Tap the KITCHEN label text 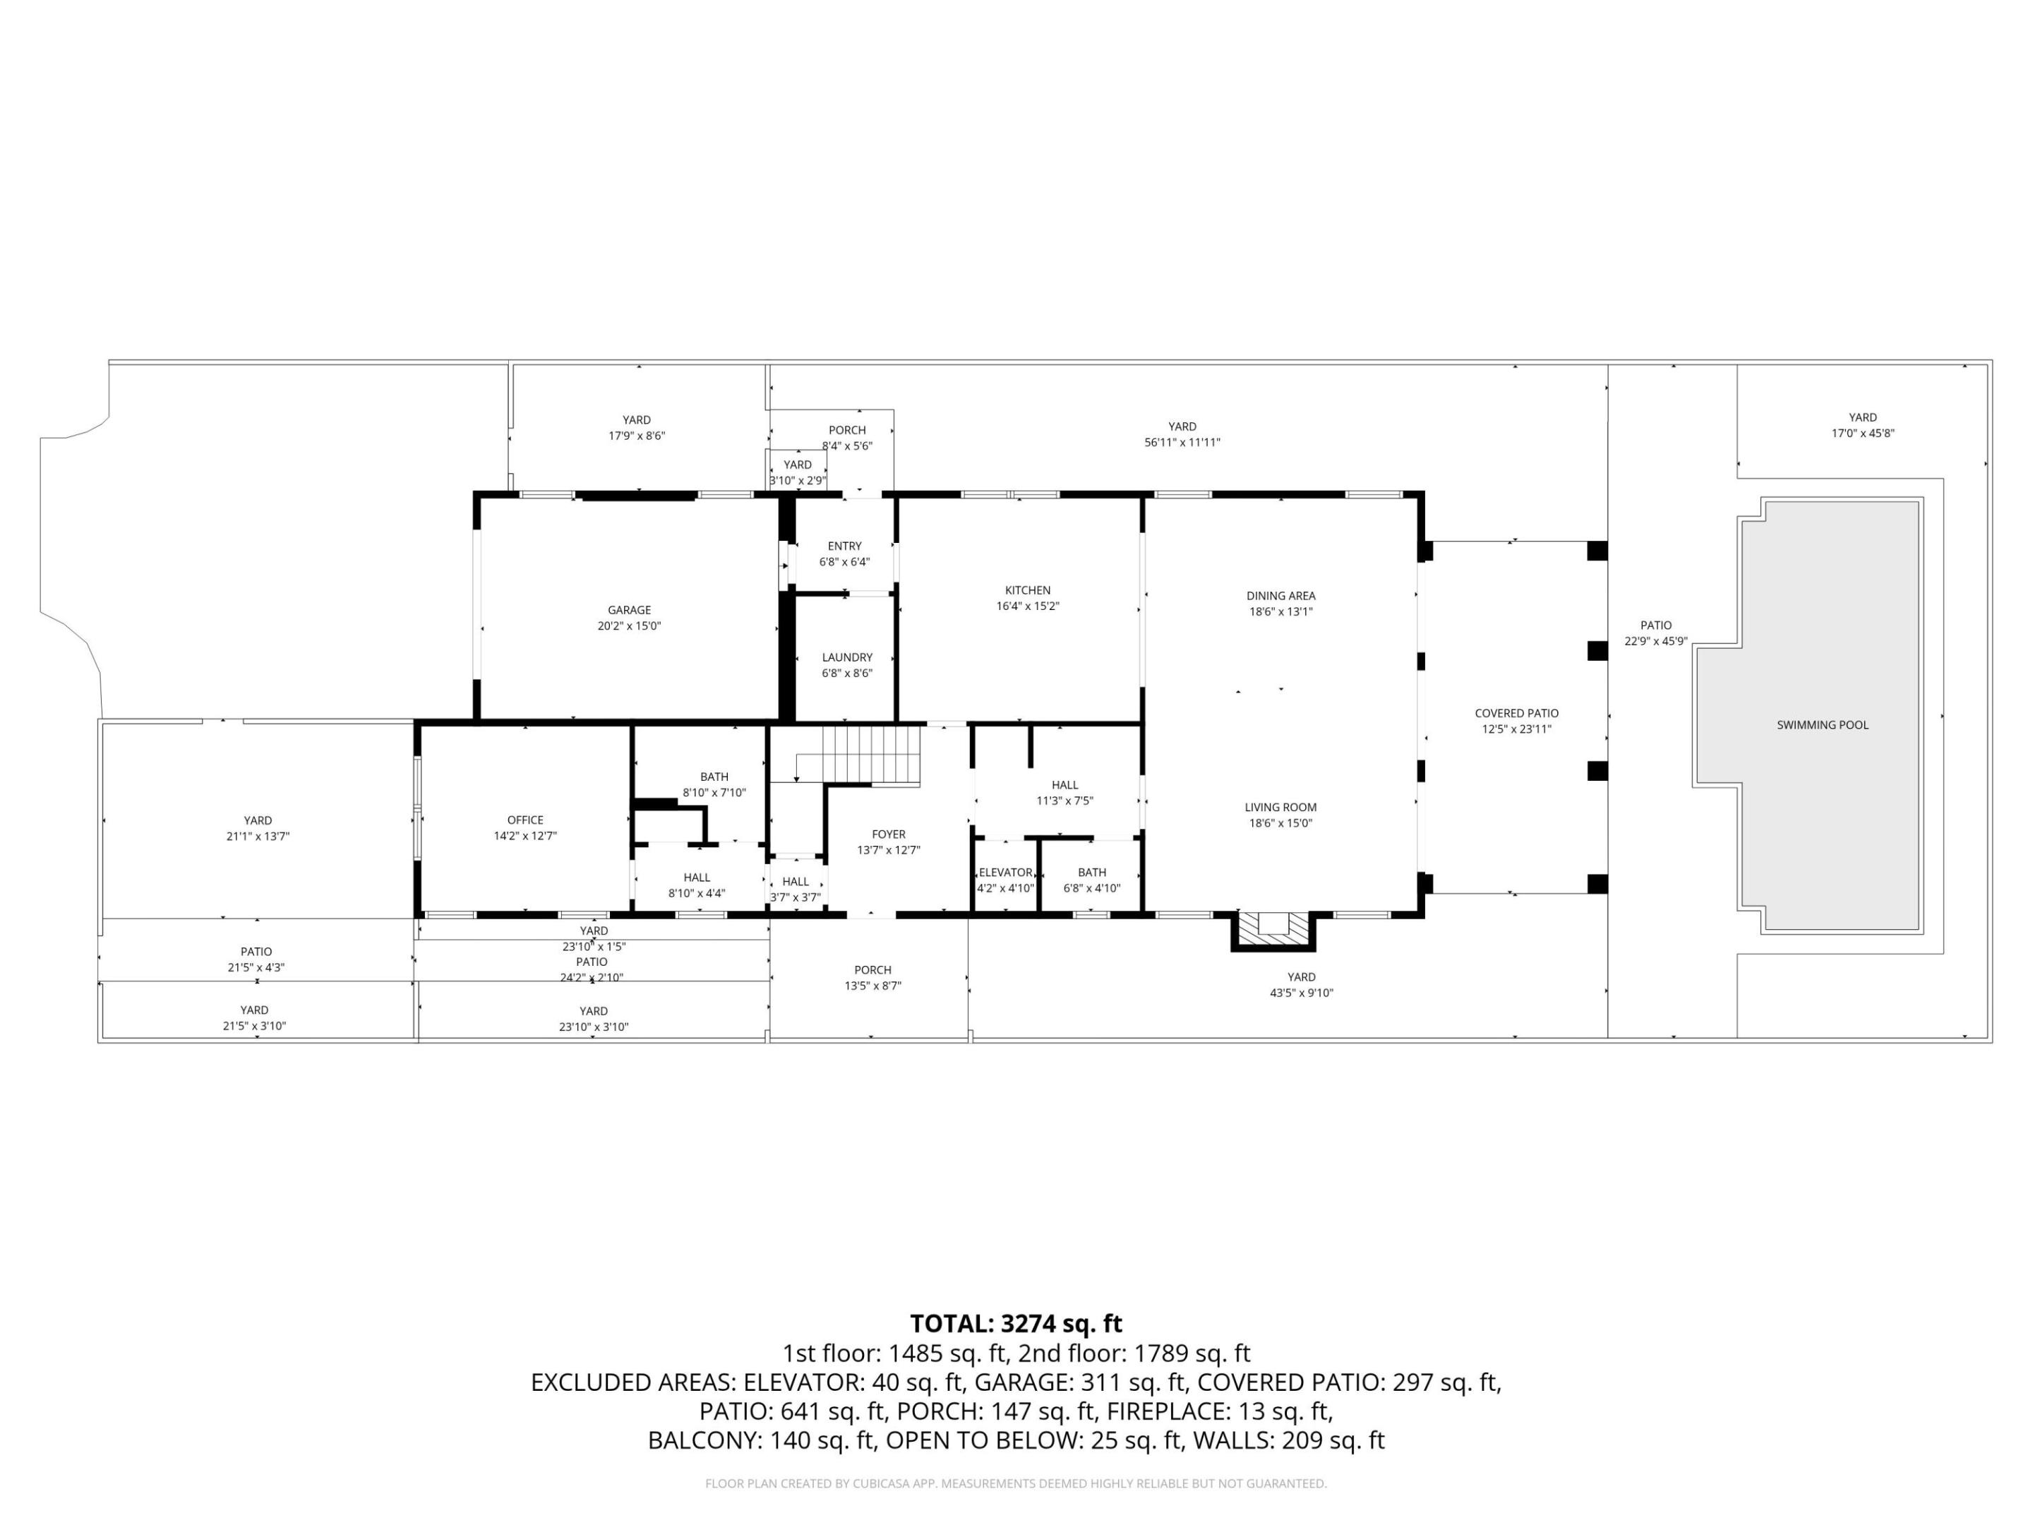(1028, 591)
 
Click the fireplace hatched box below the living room (1273, 928)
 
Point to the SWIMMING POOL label (1822, 725)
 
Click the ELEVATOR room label (1004, 873)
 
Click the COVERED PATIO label (1516, 713)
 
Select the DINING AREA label (1281, 596)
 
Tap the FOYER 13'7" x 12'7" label (888, 842)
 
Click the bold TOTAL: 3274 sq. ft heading (1016, 1324)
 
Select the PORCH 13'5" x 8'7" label (872, 977)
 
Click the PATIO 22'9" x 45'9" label (1655, 633)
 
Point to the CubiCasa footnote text (1016, 1483)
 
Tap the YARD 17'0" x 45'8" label (1862, 425)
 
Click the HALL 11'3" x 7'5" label (1065, 792)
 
